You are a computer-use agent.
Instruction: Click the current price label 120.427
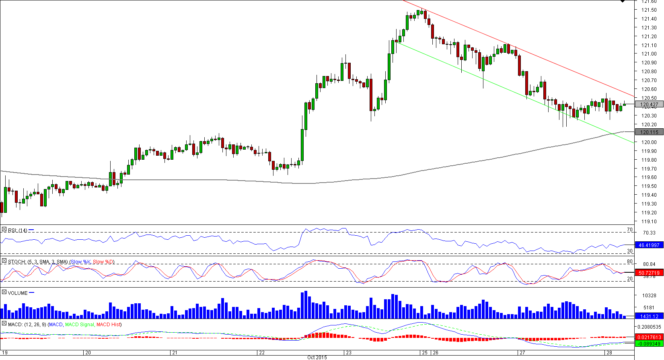[649, 105]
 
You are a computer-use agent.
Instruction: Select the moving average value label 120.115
[649, 132]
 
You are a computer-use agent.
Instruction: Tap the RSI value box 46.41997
[649, 245]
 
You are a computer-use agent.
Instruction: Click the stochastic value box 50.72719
[649, 273]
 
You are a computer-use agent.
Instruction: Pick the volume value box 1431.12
[649, 316]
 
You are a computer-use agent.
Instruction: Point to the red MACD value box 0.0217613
[649, 337]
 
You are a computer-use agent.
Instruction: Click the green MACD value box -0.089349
[649, 344]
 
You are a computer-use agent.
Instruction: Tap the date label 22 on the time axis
[262, 353]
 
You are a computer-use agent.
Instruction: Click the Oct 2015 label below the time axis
[317, 357]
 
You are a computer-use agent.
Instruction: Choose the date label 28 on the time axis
[609, 353]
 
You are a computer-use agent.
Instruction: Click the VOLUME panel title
[18, 293]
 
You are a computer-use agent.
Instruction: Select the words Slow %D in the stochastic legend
[103, 262]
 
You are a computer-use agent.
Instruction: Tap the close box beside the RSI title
[4, 230]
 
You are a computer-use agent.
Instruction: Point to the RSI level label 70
[630, 230]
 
